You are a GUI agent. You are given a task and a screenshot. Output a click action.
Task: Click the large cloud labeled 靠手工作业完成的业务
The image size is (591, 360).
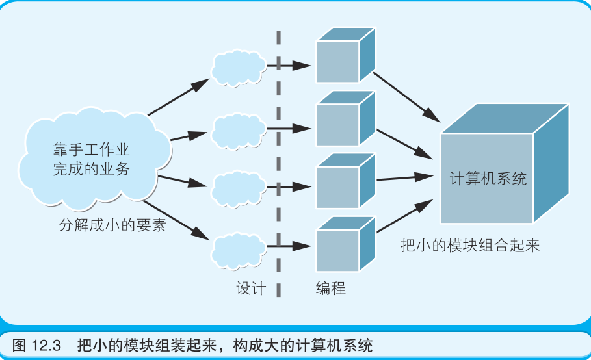coord(91,159)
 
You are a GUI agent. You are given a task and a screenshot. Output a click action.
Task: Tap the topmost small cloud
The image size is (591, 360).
coord(237,66)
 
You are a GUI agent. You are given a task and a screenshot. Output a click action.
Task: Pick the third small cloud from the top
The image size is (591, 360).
coord(237,187)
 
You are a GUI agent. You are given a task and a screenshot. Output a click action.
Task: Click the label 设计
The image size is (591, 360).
coord(251,289)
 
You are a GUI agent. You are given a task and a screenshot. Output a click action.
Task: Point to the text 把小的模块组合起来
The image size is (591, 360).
coord(470,246)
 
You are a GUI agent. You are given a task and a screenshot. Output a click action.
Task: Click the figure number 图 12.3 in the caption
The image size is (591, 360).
coord(36,344)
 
